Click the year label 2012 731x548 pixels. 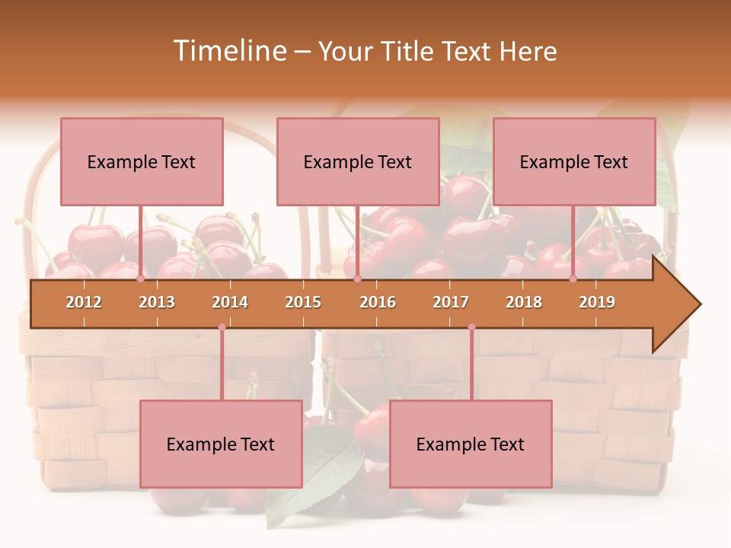tap(84, 302)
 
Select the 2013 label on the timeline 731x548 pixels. tap(157, 302)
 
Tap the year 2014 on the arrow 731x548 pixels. tap(230, 302)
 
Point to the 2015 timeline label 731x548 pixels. tap(303, 302)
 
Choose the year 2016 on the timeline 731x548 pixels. tap(378, 302)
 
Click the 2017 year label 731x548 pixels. tap(451, 302)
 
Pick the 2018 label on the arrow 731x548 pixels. tap(524, 302)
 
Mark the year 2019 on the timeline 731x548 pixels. tap(597, 302)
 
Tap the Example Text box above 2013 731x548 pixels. tap(142, 161)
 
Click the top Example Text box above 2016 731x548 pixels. tap(358, 161)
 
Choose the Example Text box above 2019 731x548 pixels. tap(574, 161)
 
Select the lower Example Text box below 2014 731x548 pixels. tap(221, 444)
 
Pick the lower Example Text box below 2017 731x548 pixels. tap(471, 444)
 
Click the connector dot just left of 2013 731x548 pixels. tap(141, 279)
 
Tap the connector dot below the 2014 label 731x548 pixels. tap(222, 327)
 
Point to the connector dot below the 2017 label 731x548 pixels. tap(471, 327)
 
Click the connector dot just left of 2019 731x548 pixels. tap(573, 279)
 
